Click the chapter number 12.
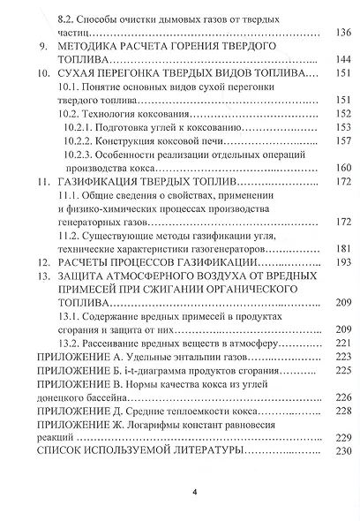(42, 263)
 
